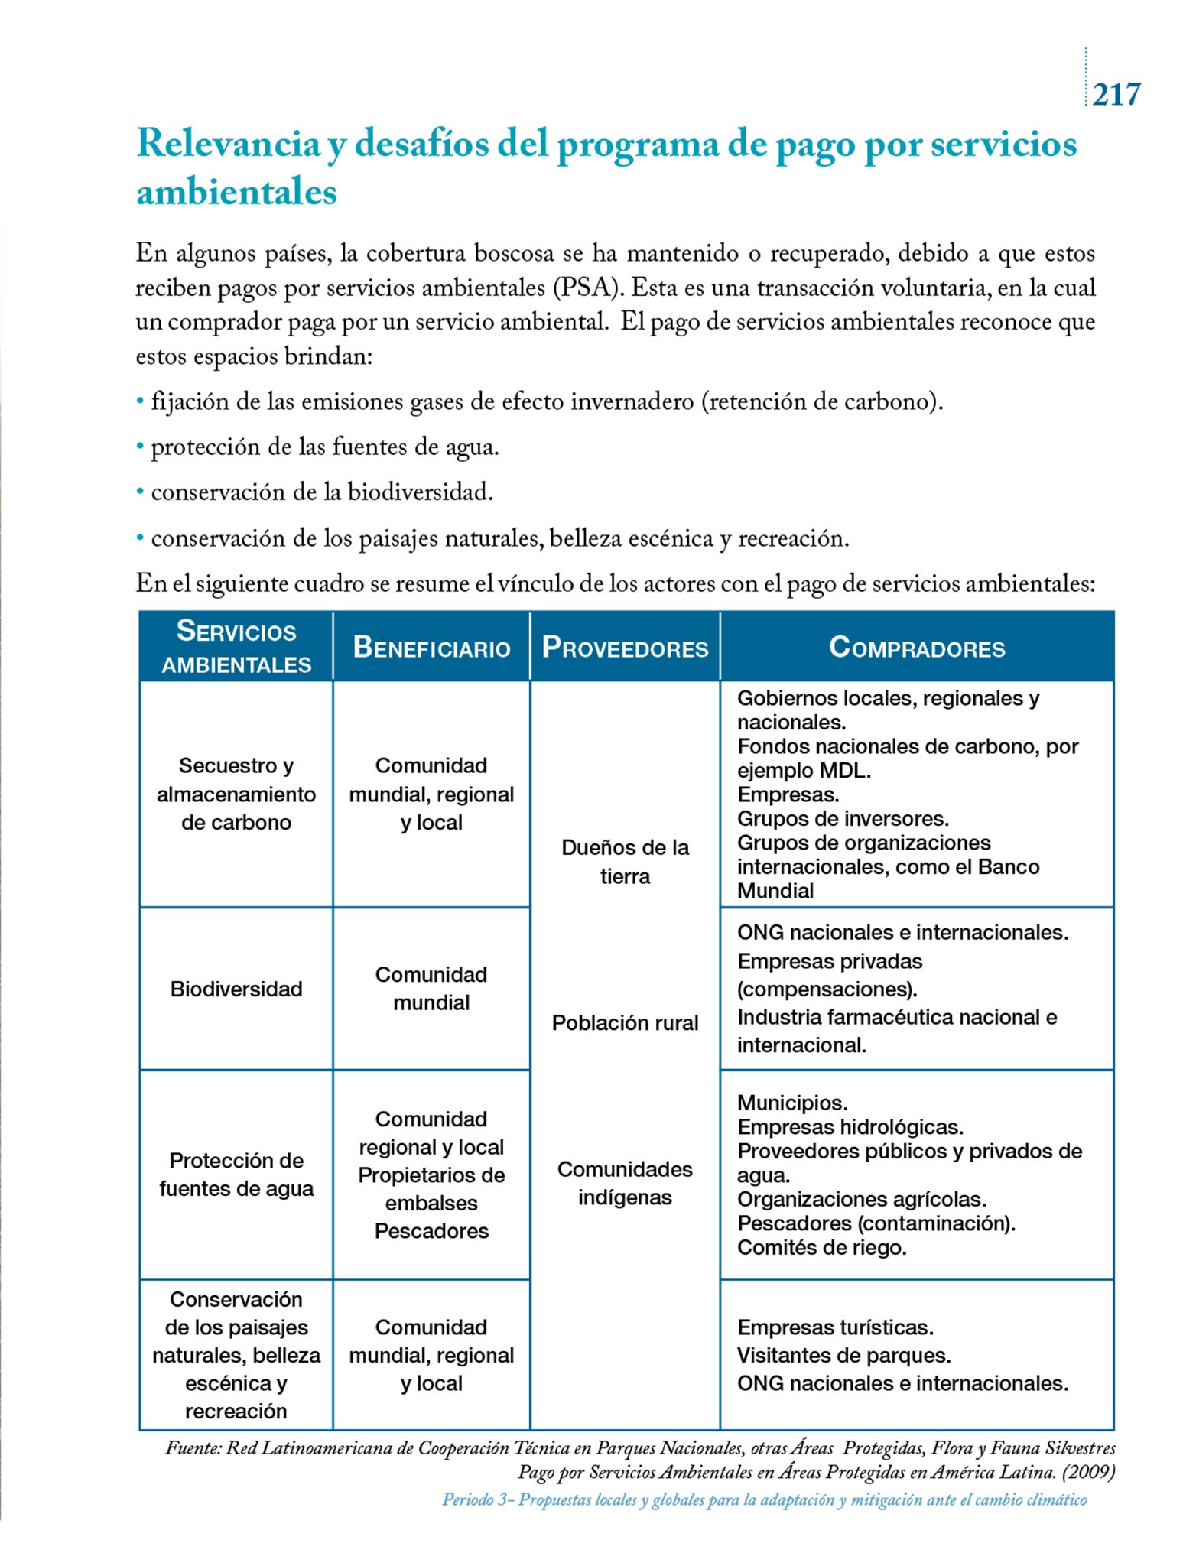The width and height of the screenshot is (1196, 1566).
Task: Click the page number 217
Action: pyautogui.click(x=1116, y=95)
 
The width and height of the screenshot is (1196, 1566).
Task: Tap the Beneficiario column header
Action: pyautogui.click(x=431, y=648)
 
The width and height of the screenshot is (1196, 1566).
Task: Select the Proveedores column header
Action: pyautogui.click(x=625, y=648)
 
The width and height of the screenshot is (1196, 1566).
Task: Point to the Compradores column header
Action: pyautogui.click(x=916, y=648)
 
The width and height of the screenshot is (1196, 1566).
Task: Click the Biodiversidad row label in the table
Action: pyautogui.click(x=236, y=989)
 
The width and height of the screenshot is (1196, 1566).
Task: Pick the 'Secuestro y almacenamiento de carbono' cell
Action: pyautogui.click(x=236, y=794)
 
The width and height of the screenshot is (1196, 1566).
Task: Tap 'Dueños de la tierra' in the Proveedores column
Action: pyautogui.click(x=625, y=862)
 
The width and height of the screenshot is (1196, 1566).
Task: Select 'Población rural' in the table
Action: pyautogui.click(x=625, y=1023)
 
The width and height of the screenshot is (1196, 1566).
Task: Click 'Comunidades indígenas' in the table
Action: pyautogui.click(x=625, y=1183)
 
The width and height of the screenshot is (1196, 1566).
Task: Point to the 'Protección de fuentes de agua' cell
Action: pyautogui.click(x=236, y=1174)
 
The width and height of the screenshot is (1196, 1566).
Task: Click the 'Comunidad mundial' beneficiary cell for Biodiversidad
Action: pyautogui.click(x=431, y=988)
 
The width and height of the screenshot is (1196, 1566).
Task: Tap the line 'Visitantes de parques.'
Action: pyautogui.click(x=843, y=1356)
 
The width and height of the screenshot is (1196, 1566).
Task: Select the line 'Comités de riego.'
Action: pyautogui.click(x=821, y=1248)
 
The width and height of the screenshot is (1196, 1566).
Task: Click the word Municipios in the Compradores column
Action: pyautogui.click(x=792, y=1103)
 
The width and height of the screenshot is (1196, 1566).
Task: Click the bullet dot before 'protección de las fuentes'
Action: pyautogui.click(x=140, y=447)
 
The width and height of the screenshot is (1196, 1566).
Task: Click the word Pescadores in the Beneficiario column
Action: pyautogui.click(x=431, y=1231)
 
